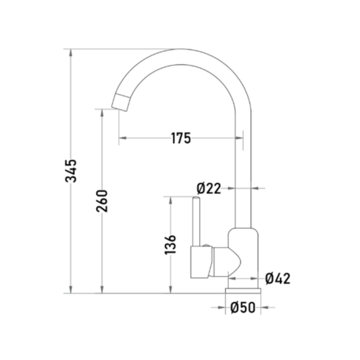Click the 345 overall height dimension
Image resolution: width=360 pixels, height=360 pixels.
[71, 171]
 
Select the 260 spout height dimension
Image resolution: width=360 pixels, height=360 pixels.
[102, 201]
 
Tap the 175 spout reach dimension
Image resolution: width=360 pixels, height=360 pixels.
[181, 138]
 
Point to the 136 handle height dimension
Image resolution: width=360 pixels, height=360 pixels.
[170, 245]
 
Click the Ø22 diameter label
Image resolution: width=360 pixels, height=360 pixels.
[209, 188]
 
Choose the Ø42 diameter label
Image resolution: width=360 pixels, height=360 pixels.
[278, 278]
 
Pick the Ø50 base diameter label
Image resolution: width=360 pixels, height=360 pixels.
[242, 307]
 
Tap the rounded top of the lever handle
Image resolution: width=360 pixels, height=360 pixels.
[197, 198]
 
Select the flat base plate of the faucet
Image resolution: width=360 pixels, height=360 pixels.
[243, 291]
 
